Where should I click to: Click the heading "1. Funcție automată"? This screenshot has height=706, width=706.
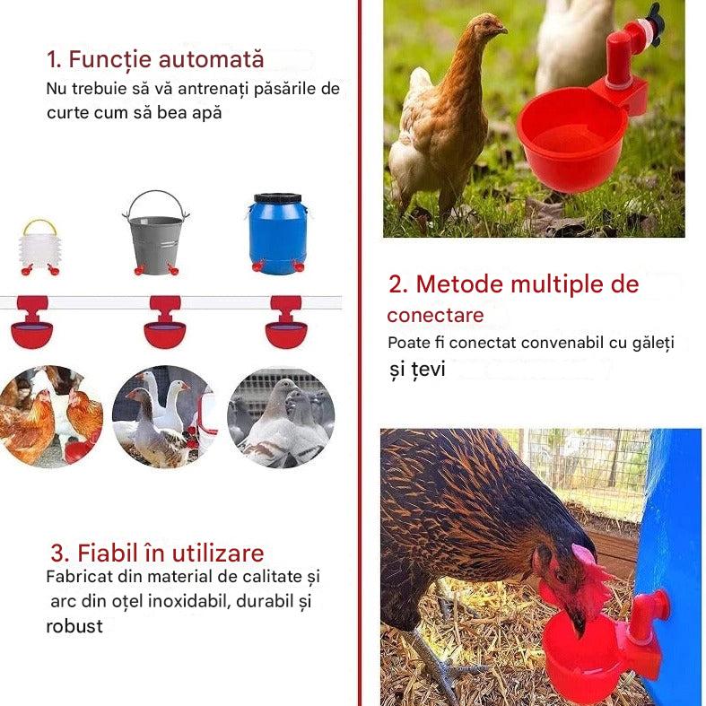point(155,60)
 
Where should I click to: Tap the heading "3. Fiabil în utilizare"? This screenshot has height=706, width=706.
point(157,553)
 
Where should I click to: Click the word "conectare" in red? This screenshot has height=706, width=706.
point(435,315)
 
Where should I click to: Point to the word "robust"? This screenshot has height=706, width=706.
point(74,626)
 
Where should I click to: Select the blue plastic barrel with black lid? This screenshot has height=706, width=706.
point(278,233)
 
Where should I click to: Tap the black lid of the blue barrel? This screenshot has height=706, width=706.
point(278,198)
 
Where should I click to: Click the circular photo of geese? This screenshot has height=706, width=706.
point(165,417)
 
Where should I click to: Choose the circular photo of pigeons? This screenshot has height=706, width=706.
point(282,417)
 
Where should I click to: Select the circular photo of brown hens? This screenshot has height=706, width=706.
point(51,417)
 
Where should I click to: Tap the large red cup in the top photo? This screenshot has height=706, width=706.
point(571,140)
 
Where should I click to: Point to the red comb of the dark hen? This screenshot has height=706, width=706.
point(583,553)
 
